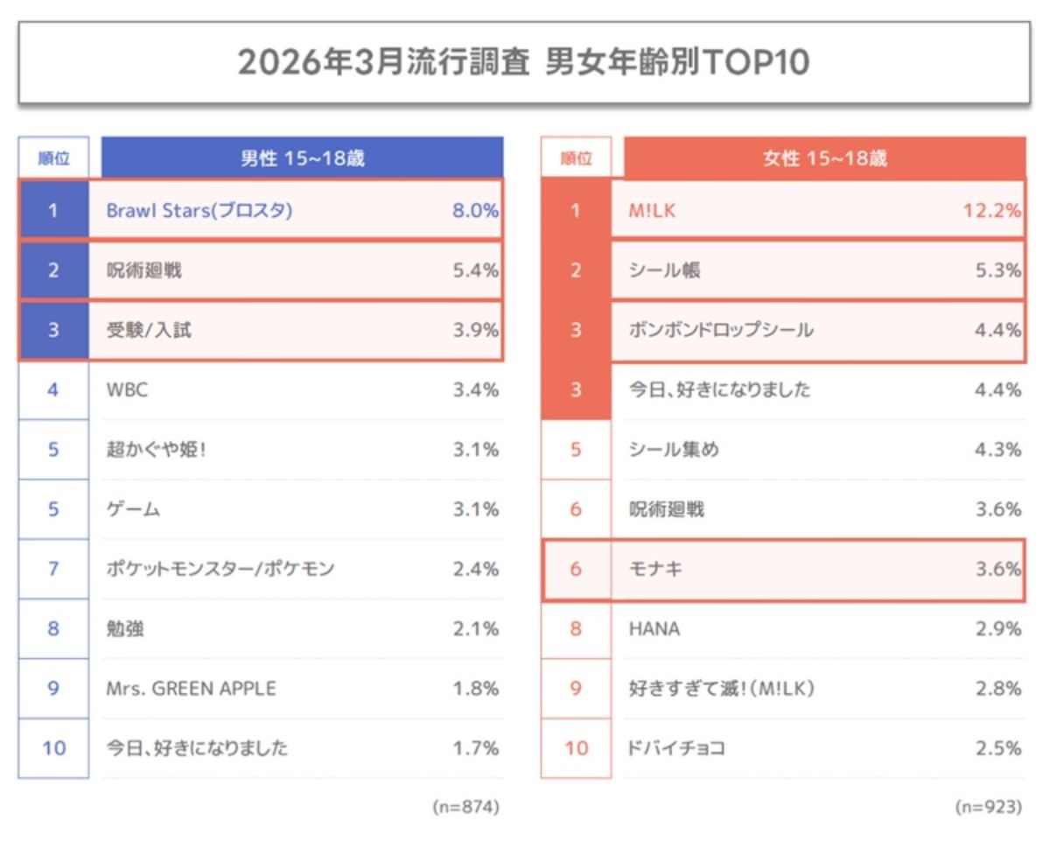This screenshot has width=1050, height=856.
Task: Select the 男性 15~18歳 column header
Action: [x=302, y=158]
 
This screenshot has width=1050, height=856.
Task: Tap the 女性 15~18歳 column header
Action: [x=824, y=158]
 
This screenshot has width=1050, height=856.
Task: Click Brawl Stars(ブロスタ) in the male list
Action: [x=199, y=211]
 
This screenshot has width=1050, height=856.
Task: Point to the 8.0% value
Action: [x=475, y=211]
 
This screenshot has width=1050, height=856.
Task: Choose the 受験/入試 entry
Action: [x=144, y=331]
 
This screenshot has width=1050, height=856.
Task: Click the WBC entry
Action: [x=127, y=390]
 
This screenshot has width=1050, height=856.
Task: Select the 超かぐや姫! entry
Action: [x=156, y=450]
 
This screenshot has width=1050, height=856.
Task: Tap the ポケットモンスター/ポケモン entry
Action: [x=220, y=569]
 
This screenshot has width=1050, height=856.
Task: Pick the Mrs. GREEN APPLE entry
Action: [x=191, y=689]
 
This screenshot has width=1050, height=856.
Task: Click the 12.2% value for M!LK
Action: [x=992, y=211]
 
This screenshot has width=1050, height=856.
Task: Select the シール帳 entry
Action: [x=664, y=270]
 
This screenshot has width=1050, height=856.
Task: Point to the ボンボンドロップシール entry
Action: [x=721, y=331]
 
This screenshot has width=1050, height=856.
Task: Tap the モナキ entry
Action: [x=655, y=569]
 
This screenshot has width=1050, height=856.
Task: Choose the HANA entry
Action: [x=654, y=629]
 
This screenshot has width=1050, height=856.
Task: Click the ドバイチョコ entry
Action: [x=676, y=748]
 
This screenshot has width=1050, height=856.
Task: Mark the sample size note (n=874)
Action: [x=465, y=807]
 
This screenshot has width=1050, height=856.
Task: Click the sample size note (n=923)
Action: [x=988, y=807]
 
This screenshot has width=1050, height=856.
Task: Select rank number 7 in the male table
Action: [x=53, y=569]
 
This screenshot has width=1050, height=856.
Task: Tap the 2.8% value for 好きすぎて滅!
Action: [x=998, y=689]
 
